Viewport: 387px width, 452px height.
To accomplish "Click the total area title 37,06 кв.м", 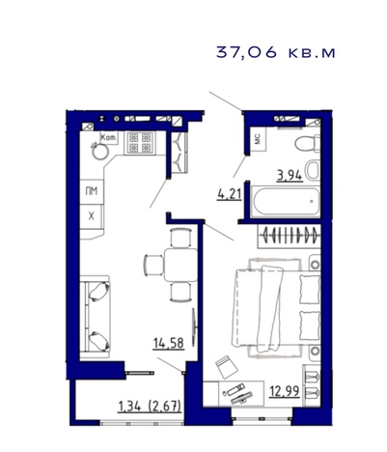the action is [276, 52].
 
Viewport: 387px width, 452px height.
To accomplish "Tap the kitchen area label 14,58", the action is [169, 344].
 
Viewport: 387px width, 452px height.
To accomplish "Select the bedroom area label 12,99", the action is [285, 391].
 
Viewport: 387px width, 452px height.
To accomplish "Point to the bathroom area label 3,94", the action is [290, 176].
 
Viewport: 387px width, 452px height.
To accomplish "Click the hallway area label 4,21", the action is [230, 194].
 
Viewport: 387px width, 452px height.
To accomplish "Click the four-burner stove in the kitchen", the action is [140, 143].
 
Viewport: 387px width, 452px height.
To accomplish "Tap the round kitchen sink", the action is [99, 152].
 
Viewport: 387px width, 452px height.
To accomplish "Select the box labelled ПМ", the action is [92, 191].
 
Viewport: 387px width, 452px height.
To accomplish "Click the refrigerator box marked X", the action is [92, 216].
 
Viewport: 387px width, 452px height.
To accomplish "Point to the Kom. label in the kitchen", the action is [109, 138].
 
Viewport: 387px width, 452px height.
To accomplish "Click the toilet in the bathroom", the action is [307, 143].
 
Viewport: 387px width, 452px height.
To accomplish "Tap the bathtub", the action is [285, 202].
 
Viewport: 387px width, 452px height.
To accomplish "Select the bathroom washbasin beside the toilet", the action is [313, 170].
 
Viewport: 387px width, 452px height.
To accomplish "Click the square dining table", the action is [180, 265].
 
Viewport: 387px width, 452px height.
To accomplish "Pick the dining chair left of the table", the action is [153, 265].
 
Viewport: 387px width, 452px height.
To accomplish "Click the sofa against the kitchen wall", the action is [96, 317].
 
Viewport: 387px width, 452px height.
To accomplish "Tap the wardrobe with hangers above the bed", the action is [289, 237].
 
